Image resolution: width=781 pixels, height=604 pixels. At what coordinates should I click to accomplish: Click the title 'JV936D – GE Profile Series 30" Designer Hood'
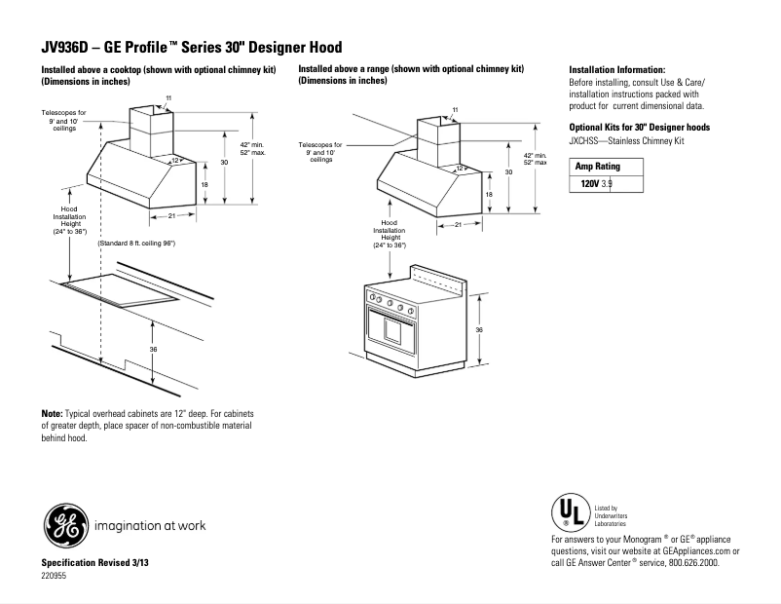click(191, 47)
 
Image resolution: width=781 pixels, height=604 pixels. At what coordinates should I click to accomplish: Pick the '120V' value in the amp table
click(589, 183)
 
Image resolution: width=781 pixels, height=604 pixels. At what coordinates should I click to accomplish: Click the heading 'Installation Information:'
click(616, 70)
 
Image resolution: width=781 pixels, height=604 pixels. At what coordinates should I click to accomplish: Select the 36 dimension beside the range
click(478, 330)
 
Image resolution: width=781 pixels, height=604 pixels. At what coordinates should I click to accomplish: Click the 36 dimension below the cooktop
click(153, 349)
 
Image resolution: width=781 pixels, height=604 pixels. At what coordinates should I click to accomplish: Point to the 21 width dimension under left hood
click(171, 214)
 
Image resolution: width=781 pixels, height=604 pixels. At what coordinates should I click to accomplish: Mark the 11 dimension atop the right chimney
click(455, 107)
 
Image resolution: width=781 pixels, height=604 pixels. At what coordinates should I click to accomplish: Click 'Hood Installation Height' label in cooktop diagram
click(69, 221)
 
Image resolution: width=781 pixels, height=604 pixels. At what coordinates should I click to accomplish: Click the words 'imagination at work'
click(150, 526)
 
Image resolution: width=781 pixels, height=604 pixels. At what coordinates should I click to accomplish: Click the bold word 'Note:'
click(52, 414)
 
